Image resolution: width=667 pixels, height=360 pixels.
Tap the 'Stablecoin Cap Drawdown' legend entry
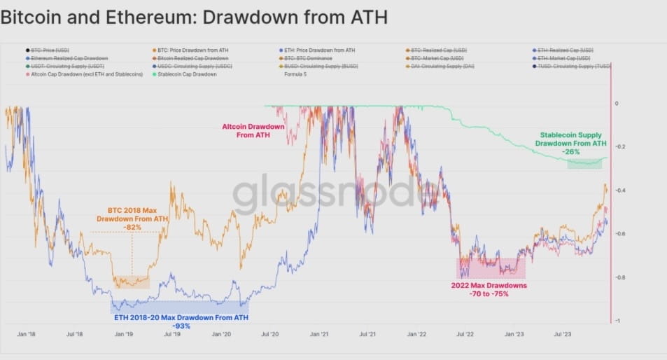(x=187, y=74)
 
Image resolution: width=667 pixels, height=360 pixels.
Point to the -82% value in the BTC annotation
(x=132, y=227)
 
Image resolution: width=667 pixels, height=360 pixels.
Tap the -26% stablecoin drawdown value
(x=571, y=151)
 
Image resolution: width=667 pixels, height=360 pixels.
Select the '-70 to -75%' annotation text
(x=489, y=294)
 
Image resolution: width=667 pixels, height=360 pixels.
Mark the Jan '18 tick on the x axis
(x=27, y=335)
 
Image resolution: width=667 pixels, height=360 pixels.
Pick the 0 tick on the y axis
(x=617, y=104)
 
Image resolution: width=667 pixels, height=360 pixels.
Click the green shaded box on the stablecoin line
(x=584, y=164)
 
